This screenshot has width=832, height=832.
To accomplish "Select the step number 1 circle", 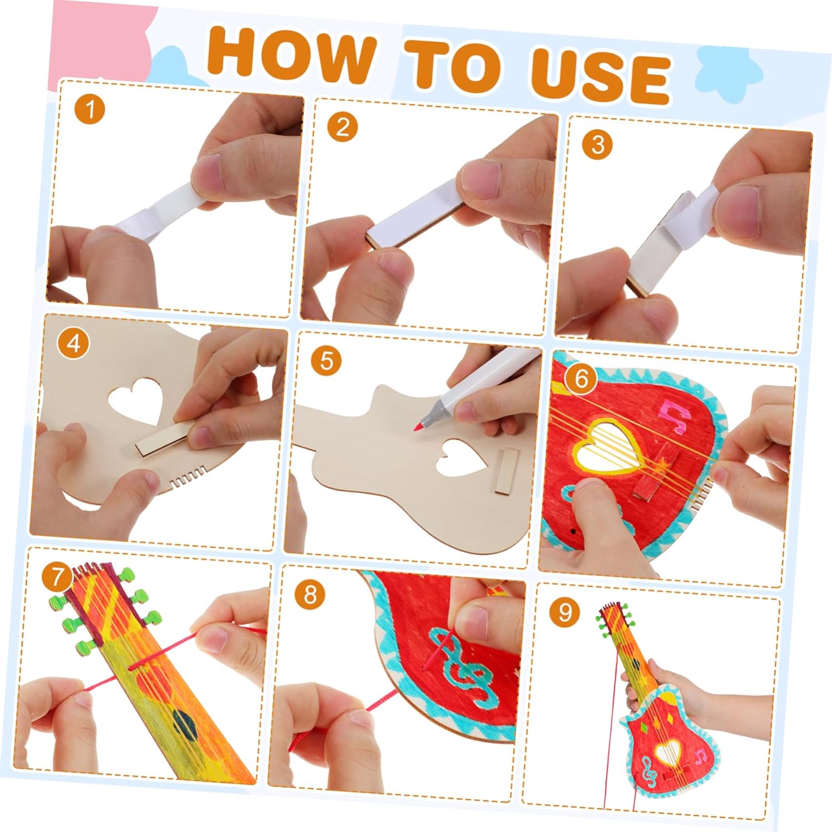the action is pyautogui.click(x=89, y=109).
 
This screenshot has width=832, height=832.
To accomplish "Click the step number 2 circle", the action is pyautogui.click(x=342, y=127).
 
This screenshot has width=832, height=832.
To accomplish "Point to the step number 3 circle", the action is pyautogui.click(x=597, y=144).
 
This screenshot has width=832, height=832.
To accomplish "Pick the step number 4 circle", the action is pyautogui.click(x=73, y=344).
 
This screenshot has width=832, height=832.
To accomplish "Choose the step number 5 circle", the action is pyautogui.click(x=326, y=361).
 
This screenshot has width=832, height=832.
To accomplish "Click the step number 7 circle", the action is pyautogui.click(x=57, y=577).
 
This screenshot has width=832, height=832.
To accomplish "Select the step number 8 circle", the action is pyautogui.click(x=310, y=595).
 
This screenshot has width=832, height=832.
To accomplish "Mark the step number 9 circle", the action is pyautogui.click(x=565, y=612).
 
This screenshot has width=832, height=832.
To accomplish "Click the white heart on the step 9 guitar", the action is pyautogui.click(x=667, y=753).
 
